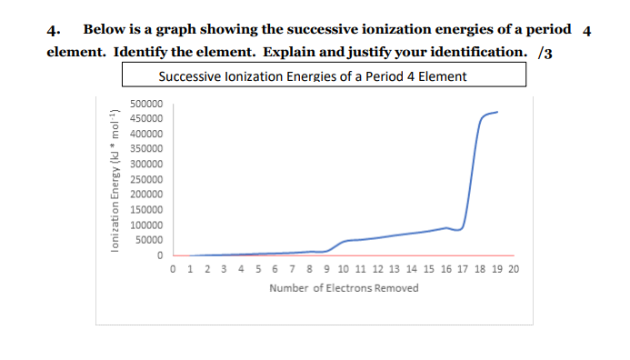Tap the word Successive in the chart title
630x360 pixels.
point(188,75)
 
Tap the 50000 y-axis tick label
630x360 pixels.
point(148,240)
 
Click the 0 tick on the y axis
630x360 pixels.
point(159,255)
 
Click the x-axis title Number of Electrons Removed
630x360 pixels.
point(344,288)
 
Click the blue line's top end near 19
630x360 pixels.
point(498,112)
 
